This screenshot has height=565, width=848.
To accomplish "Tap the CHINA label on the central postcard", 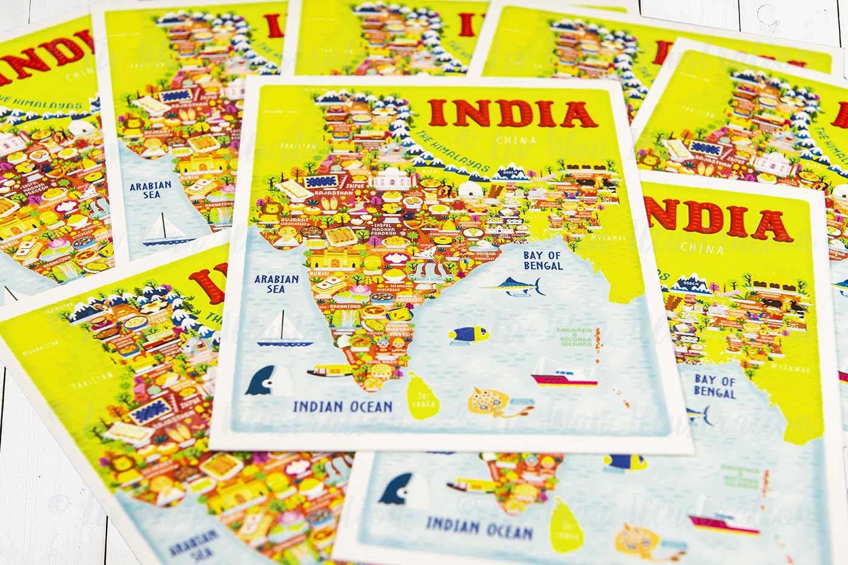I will (515, 141).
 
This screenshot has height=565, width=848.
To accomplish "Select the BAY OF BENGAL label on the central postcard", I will (543, 260).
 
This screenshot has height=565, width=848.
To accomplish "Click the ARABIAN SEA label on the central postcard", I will (277, 284).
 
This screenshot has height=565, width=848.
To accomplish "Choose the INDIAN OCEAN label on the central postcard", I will (343, 406).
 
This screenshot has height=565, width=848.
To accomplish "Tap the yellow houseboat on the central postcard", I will (330, 369).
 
